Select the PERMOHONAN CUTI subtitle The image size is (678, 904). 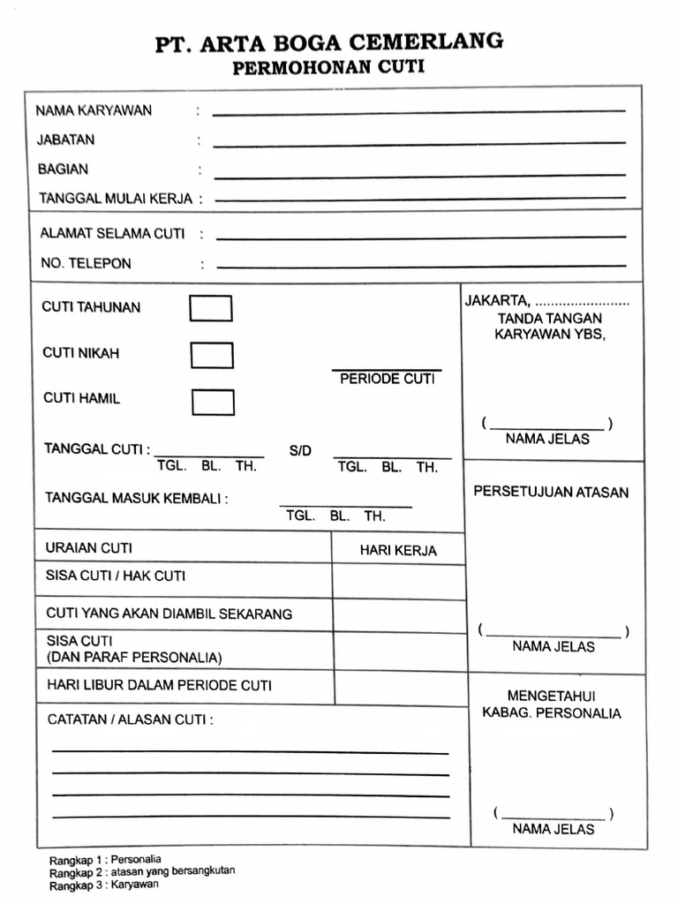[x=328, y=68]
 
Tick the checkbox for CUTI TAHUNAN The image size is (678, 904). [x=211, y=308]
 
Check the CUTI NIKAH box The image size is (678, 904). [x=212, y=355]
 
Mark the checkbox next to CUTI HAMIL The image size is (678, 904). [x=213, y=402]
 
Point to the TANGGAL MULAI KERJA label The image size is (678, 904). [x=116, y=199]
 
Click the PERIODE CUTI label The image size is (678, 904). [x=388, y=379]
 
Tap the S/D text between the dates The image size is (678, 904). [x=300, y=451]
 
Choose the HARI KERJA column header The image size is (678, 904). [x=398, y=550]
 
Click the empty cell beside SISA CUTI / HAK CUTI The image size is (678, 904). [x=398, y=580]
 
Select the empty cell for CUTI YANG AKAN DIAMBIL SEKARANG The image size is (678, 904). [x=399, y=615]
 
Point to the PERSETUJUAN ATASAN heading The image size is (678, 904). [x=551, y=492]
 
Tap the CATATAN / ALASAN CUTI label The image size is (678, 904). [x=130, y=719]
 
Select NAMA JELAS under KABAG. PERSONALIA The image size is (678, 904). [x=554, y=829]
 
